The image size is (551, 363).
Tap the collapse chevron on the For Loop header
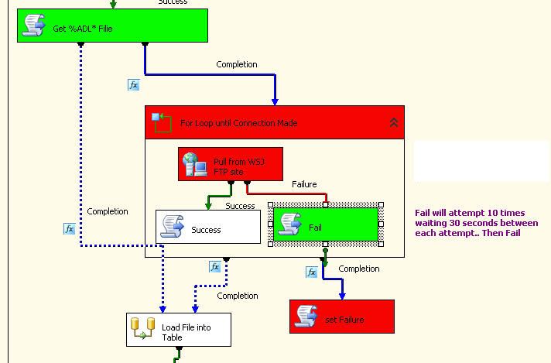(x=393, y=122)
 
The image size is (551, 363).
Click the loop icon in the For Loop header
(x=162, y=122)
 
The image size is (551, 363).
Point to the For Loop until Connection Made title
(x=238, y=123)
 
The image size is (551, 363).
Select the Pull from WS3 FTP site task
(x=231, y=164)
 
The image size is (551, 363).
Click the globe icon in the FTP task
(x=194, y=164)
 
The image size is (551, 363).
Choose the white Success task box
(x=208, y=227)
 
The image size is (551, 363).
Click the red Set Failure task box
(x=342, y=317)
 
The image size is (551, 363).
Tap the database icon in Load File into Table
(x=142, y=328)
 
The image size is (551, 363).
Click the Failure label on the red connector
(x=304, y=184)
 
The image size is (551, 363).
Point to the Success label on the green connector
(x=240, y=206)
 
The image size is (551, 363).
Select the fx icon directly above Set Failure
(x=311, y=272)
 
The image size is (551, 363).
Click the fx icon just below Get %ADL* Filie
(x=133, y=84)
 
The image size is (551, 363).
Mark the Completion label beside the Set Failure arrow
(x=359, y=269)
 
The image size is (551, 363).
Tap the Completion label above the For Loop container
(x=237, y=64)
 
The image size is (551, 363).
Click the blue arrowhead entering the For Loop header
(x=275, y=101)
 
